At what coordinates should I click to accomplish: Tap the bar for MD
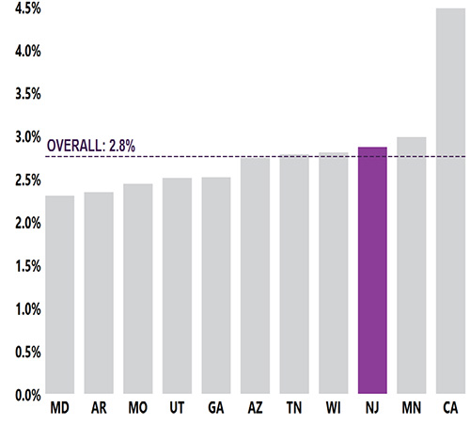click(60, 295)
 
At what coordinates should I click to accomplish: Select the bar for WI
click(334, 274)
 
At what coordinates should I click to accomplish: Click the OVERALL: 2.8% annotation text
click(91, 146)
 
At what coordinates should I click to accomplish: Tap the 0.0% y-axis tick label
click(23, 395)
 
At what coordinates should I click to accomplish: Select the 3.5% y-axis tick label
click(23, 94)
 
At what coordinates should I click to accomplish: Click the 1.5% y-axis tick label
click(23, 266)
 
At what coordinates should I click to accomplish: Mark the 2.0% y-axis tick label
click(23, 223)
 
